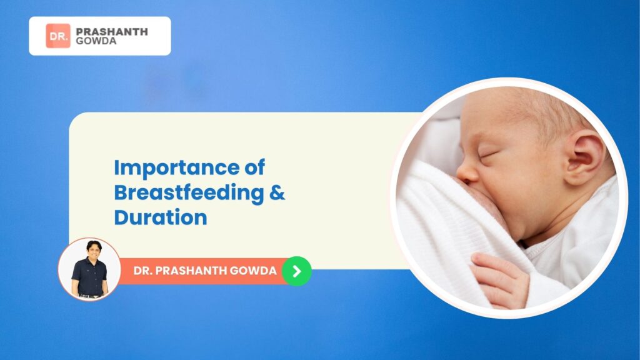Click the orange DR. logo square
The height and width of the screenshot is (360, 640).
[58, 36]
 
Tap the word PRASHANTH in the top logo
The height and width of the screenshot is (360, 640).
[112, 32]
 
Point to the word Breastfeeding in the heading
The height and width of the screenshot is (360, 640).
[189, 192]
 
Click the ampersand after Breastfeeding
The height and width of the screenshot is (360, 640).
[277, 192]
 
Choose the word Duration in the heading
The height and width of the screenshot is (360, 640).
[161, 217]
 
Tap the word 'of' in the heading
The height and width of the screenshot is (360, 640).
[255, 167]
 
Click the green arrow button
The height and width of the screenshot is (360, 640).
[297, 271]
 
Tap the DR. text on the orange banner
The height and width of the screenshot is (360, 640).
[142, 271]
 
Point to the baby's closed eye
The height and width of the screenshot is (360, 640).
[487, 155]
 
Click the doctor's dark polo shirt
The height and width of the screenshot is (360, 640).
[89, 275]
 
